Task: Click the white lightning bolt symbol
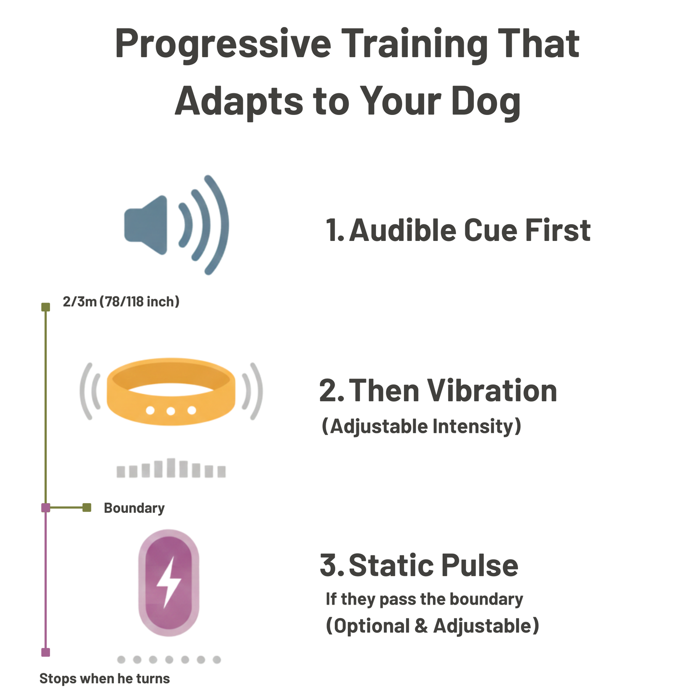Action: tap(168, 582)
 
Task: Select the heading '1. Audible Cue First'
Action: tap(458, 230)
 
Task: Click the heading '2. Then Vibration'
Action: tap(438, 391)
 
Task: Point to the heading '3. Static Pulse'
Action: tap(419, 565)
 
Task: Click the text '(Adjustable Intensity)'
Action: tap(421, 427)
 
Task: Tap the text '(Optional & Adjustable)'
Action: tap(432, 626)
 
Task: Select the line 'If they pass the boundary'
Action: tap(424, 599)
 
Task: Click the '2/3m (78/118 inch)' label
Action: tap(121, 302)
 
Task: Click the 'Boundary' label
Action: tap(134, 508)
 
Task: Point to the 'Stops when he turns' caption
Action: tap(104, 679)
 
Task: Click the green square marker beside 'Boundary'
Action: tap(87, 507)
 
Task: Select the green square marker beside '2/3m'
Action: tap(46, 307)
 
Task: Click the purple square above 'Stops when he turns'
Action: tap(46, 652)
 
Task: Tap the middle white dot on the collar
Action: tap(171, 410)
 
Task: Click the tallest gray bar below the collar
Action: tap(171, 468)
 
